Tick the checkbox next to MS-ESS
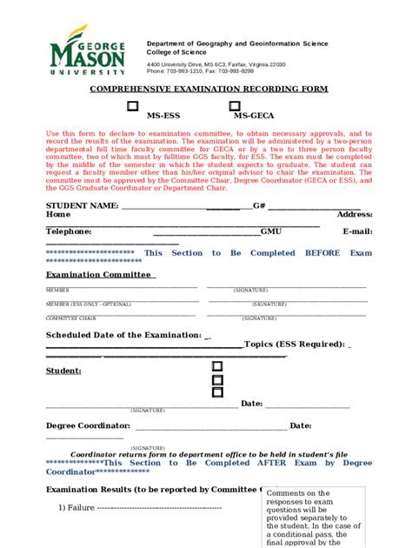point(133,107)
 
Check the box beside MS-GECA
point(234,107)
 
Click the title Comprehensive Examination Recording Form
point(206,90)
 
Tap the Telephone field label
point(69,231)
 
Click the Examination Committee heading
point(99,274)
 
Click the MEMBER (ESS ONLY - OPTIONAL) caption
point(87,304)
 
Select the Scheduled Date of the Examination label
point(123,335)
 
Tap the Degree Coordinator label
point(88,425)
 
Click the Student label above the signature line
point(63,371)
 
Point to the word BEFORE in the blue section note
point(322,253)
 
